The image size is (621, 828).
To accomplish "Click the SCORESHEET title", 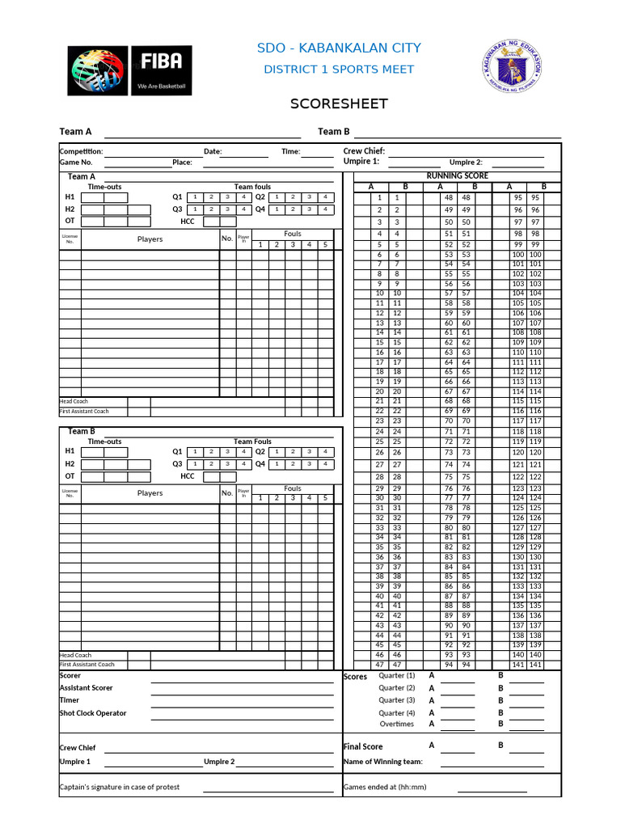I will pyautogui.click(x=339, y=104).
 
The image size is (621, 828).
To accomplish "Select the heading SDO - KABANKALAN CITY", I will pyautogui.click(x=339, y=49).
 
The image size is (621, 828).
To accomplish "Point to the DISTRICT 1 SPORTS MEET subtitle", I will pyautogui.click(x=339, y=70).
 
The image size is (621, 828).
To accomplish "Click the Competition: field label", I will pyautogui.click(x=81, y=151).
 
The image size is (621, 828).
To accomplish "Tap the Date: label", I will pyautogui.click(x=213, y=151).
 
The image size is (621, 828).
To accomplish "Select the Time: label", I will pyautogui.click(x=290, y=151).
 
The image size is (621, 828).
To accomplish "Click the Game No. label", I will pyautogui.click(x=77, y=162).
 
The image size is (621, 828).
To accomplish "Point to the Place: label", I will pyautogui.click(x=182, y=162).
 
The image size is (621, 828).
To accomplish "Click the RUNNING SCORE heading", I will pyautogui.click(x=457, y=175).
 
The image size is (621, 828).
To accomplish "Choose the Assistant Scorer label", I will pyautogui.click(x=86, y=688).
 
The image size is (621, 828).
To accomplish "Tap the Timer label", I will pyautogui.click(x=70, y=700).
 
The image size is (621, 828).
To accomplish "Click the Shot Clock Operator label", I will pyautogui.click(x=93, y=713).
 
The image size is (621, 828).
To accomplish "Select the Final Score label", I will pyautogui.click(x=363, y=746).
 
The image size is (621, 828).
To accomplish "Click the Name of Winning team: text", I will pyautogui.click(x=382, y=762).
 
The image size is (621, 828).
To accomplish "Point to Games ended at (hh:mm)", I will pyautogui.click(x=385, y=787).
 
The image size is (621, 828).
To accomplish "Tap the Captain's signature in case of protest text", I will pyautogui.click(x=120, y=787).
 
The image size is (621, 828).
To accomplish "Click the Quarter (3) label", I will pyautogui.click(x=396, y=700).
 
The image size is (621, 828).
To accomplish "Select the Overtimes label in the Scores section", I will pyautogui.click(x=396, y=724).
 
